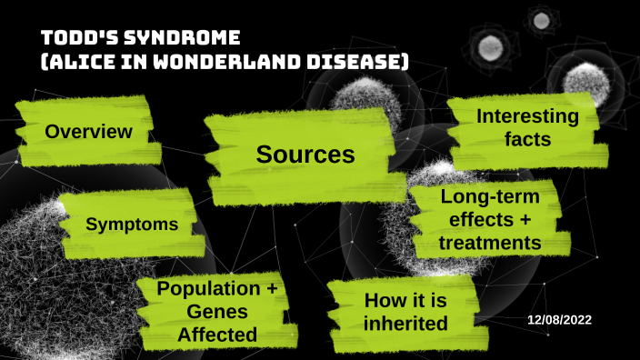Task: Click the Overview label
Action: click(89, 132)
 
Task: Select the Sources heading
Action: click(305, 155)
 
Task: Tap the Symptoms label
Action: click(132, 224)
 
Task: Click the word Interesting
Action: click(527, 117)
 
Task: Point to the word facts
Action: click(527, 141)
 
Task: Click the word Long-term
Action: click(490, 196)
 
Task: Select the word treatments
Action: click(490, 243)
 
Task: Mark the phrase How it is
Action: click(403, 300)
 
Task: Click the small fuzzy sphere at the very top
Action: click(542, 18)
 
